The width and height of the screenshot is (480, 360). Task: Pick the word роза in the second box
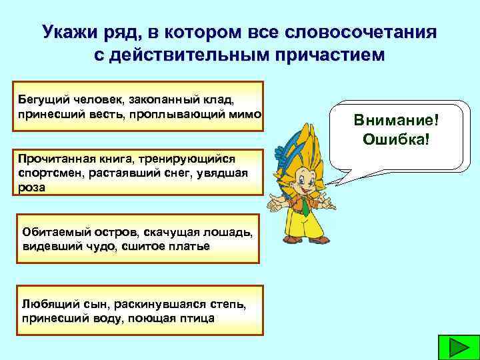[x=33, y=187]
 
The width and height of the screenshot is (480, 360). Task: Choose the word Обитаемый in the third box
[x=49, y=233]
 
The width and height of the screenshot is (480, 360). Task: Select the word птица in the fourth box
[x=196, y=317]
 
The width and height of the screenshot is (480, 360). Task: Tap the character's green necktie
[x=304, y=203]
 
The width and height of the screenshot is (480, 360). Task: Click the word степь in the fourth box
[x=227, y=305]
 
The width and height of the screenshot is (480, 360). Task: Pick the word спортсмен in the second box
[x=46, y=173]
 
